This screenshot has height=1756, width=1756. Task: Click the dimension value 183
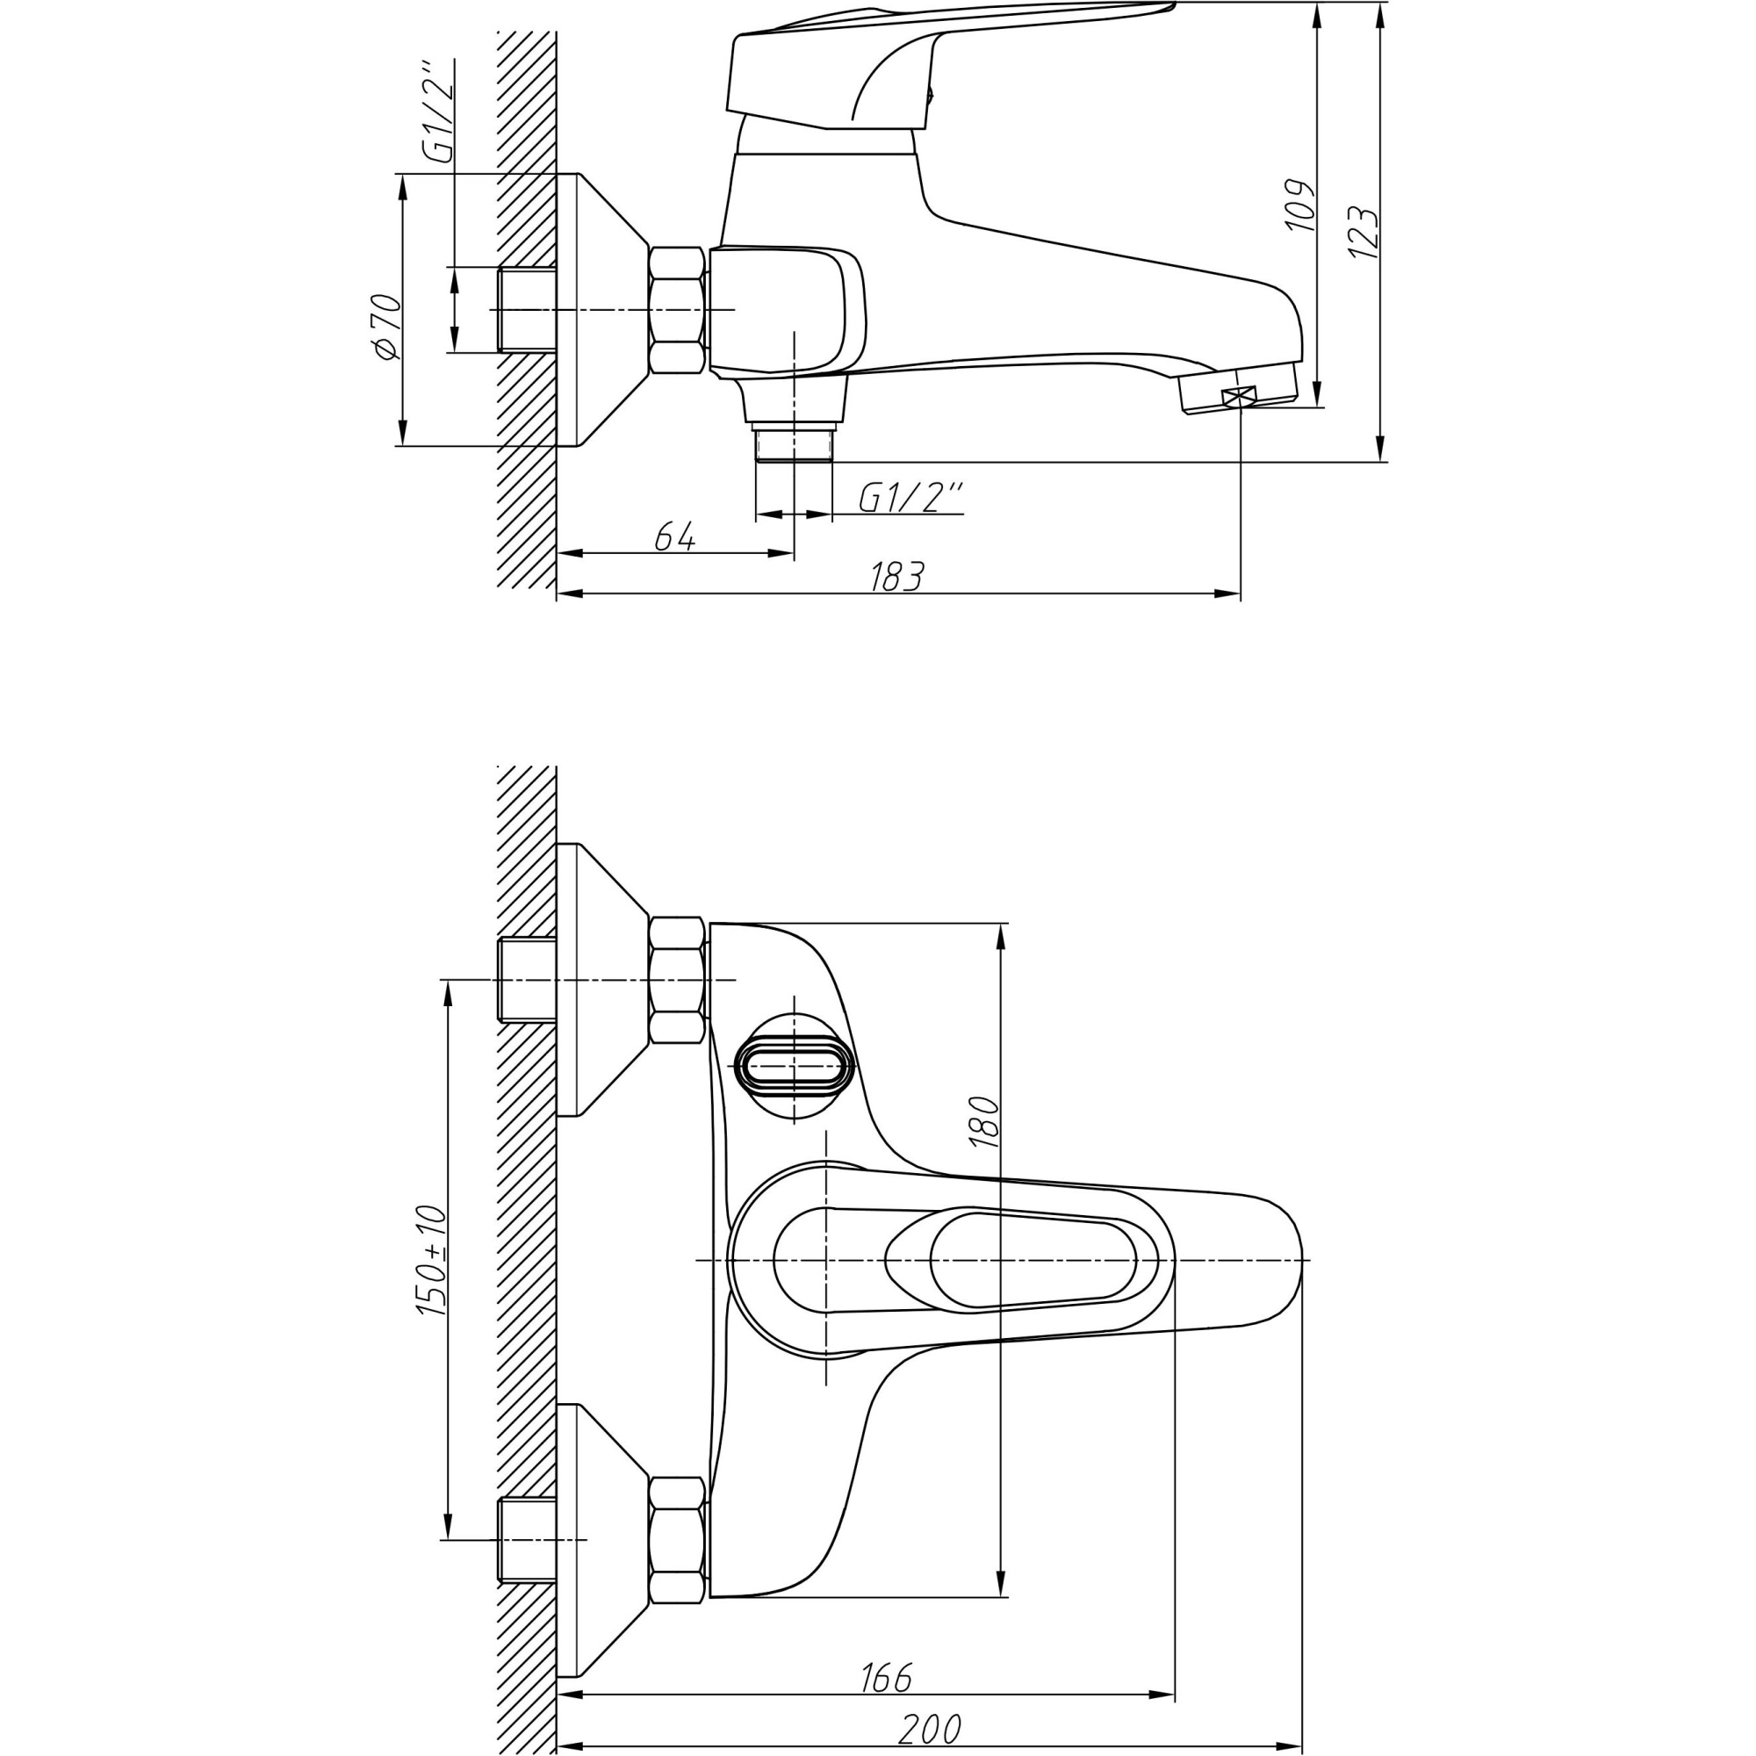[897, 576]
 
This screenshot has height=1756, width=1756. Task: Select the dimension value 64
[675, 537]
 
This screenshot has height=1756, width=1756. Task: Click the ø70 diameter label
[386, 327]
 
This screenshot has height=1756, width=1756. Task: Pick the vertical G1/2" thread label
[439, 112]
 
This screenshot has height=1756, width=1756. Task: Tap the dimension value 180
[984, 1122]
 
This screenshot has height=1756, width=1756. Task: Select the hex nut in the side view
[677, 310]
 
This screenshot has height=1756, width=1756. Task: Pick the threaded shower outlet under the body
[794, 446]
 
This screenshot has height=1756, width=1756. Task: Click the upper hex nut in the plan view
[677, 979]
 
